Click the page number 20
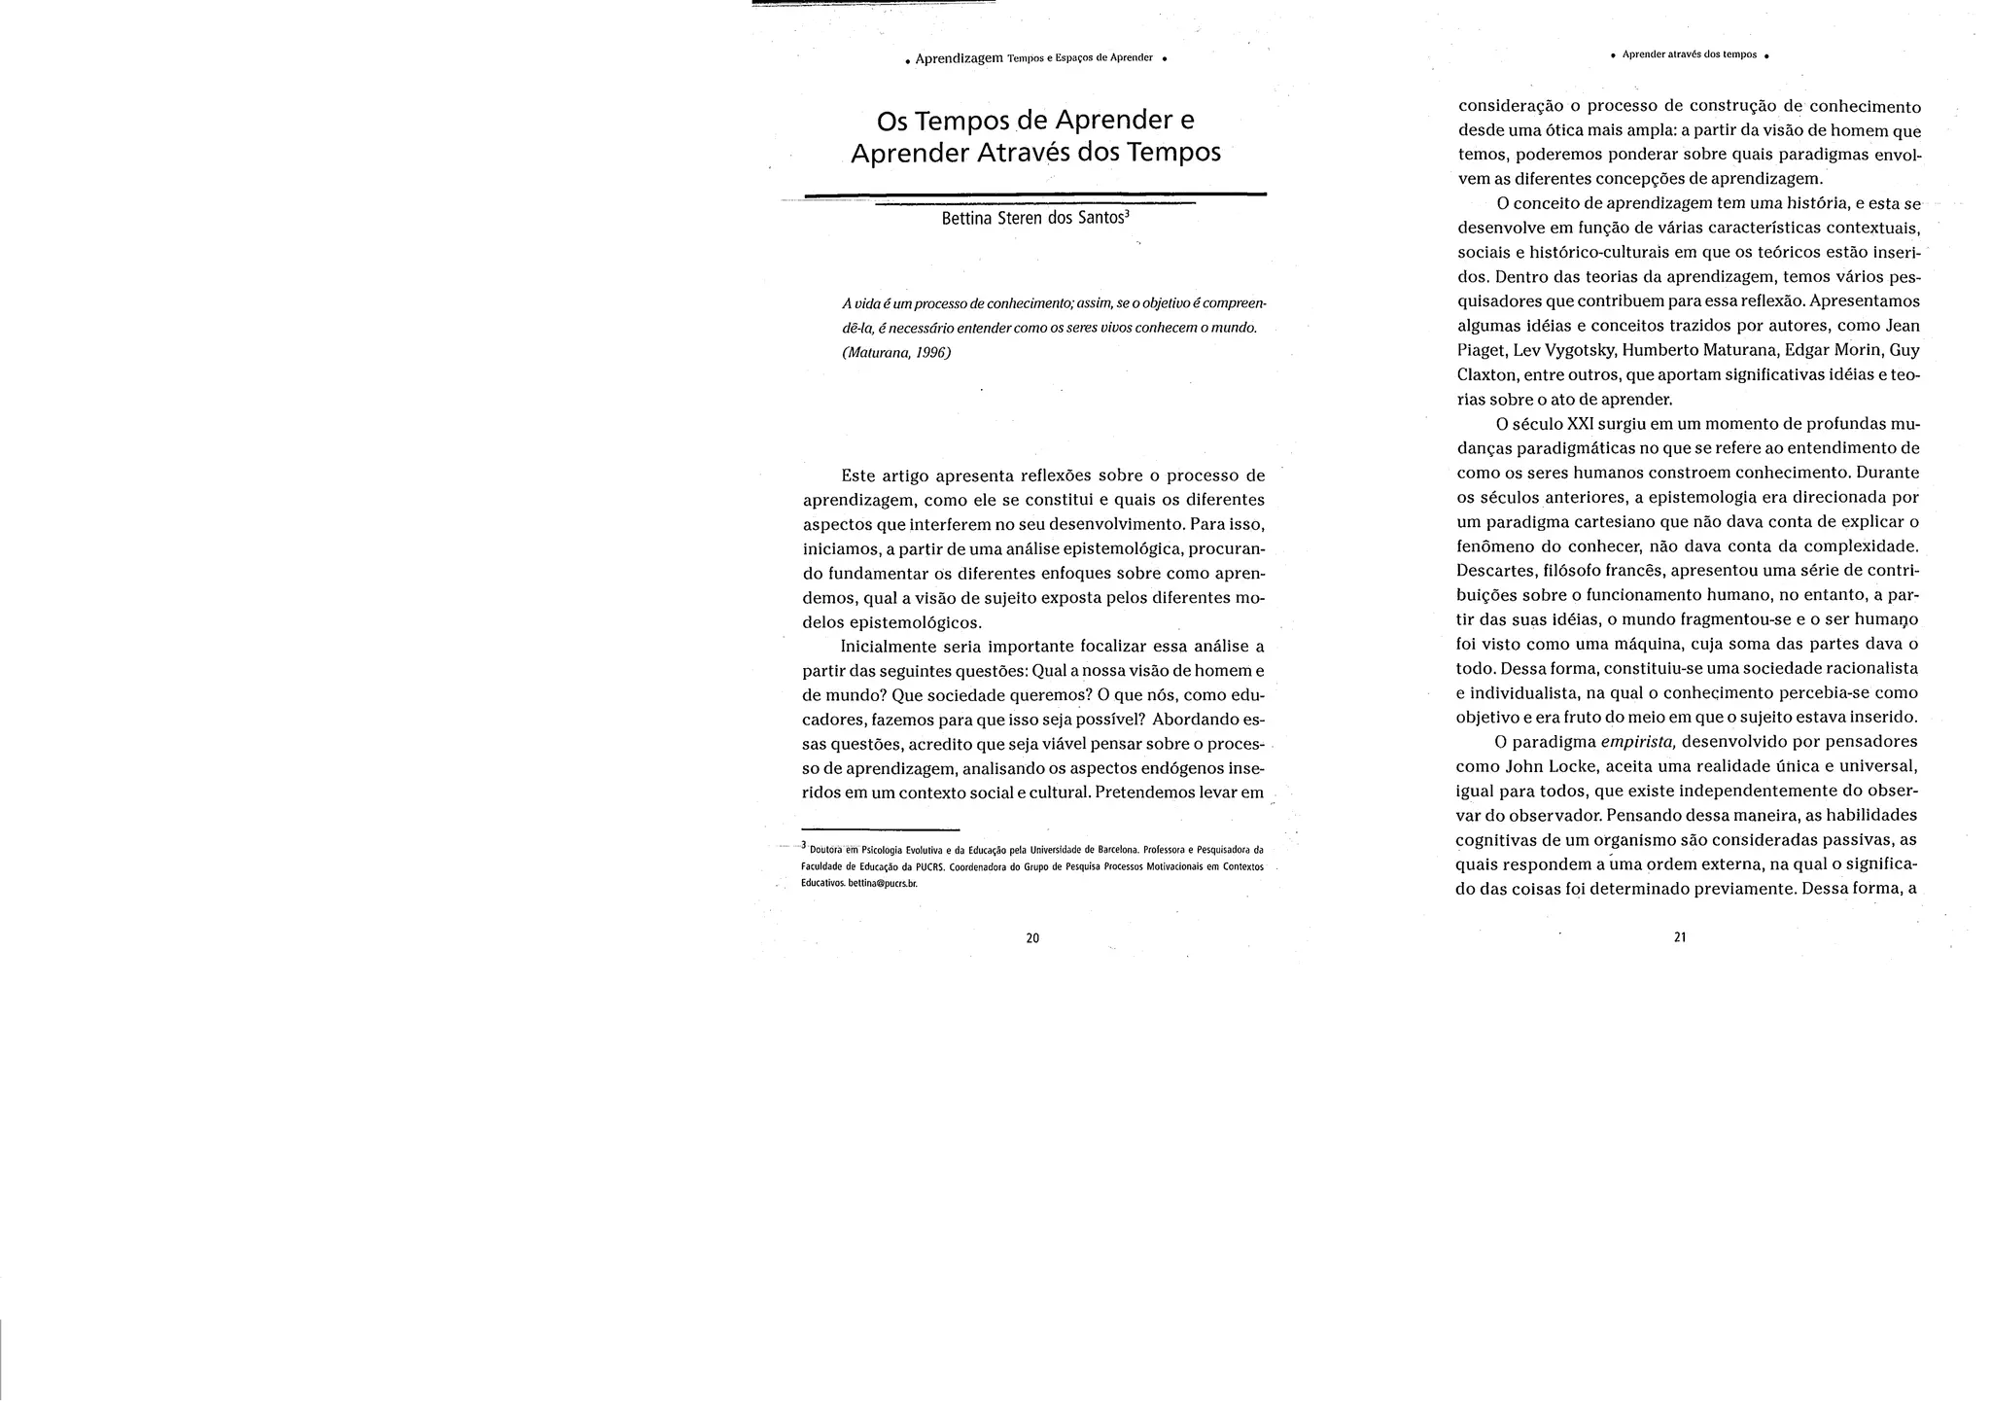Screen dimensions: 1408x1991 1032,938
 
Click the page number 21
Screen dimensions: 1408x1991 1679,937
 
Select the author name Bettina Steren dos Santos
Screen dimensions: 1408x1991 1034,218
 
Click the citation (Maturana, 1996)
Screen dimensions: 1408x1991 895,352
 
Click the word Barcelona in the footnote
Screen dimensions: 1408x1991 1107,849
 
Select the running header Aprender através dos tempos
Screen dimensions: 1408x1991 1689,54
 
